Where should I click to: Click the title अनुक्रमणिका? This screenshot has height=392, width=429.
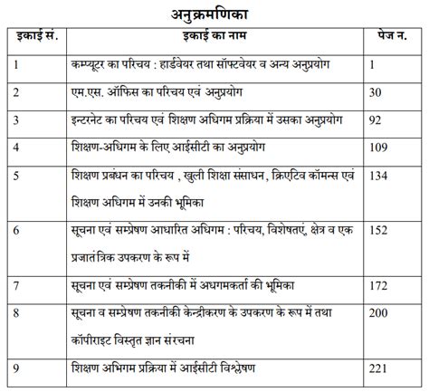click(214, 13)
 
